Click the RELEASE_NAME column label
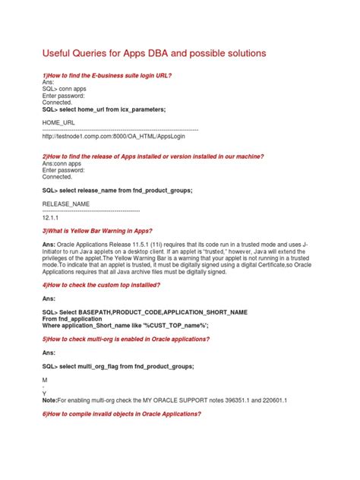point(66,204)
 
